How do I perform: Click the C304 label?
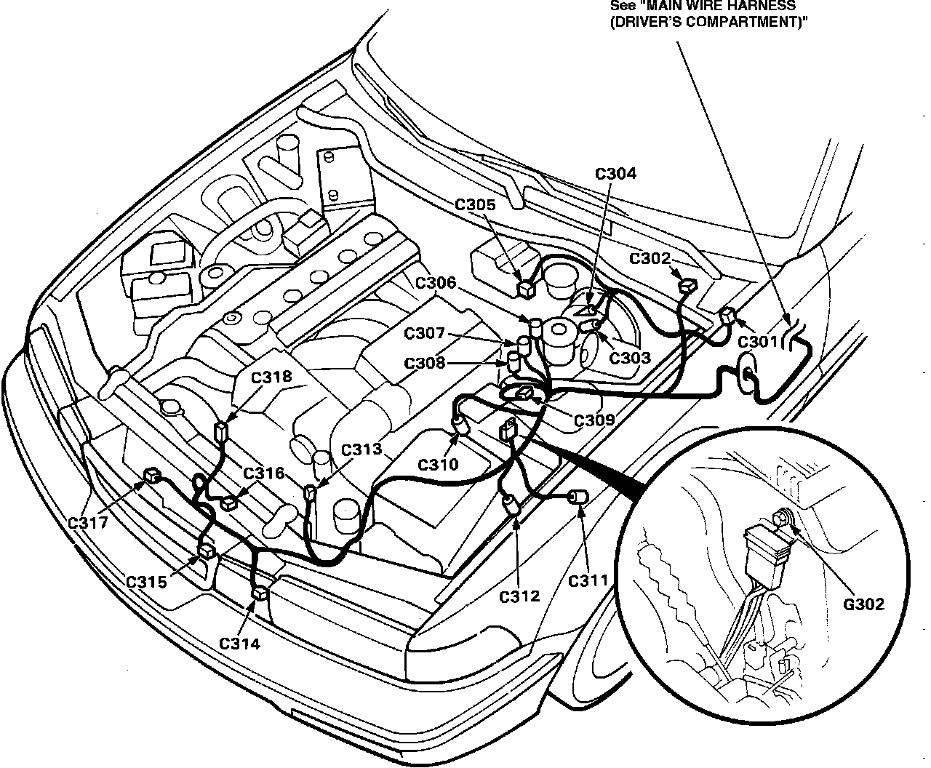point(615,174)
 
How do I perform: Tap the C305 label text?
point(476,205)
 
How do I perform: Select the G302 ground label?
point(864,604)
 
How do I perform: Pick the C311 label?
point(588,580)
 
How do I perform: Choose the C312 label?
point(520,597)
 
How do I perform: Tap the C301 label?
point(759,342)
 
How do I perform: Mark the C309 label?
point(594,420)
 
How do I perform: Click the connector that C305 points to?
point(525,289)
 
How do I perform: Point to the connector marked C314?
point(260,594)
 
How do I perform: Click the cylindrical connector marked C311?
point(580,497)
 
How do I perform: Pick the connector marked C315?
point(207,551)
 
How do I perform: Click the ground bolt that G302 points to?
point(783,519)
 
